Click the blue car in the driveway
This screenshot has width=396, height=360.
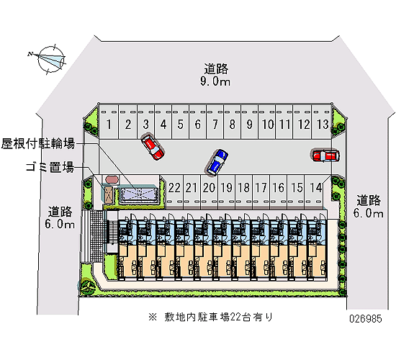pyautogui.click(x=217, y=162)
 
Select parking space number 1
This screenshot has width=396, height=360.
pyautogui.click(x=109, y=122)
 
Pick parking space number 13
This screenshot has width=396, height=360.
pyautogui.click(x=322, y=122)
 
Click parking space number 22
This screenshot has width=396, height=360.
pyautogui.click(x=175, y=192)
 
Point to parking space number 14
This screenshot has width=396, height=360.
pyautogui.click(x=315, y=192)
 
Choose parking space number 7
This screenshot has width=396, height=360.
pyautogui.click(x=215, y=122)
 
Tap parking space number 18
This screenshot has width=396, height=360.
pyautogui.click(x=243, y=192)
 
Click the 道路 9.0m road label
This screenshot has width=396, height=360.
pyautogui.click(x=216, y=75)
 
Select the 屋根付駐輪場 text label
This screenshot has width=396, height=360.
pyautogui.click(x=38, y=144)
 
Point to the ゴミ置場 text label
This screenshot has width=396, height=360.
pyautogui.click(x=50, y=167)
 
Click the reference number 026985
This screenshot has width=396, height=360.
pyautogui.click(x=366, y=319)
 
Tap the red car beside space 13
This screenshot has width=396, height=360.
pyautogui.click(x=325, y=156)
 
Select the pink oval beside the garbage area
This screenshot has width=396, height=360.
pyautogui.click(x=112, y=179)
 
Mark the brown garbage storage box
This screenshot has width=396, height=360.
pyautogui.click(x=109, y=195)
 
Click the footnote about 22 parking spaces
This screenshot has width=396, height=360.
pyautogui.click(x=211, y=317)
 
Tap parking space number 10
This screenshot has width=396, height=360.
pyautogui.click(x=267, y=122)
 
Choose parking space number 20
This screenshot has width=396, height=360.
pyautogui.click(x=209, y=192)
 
